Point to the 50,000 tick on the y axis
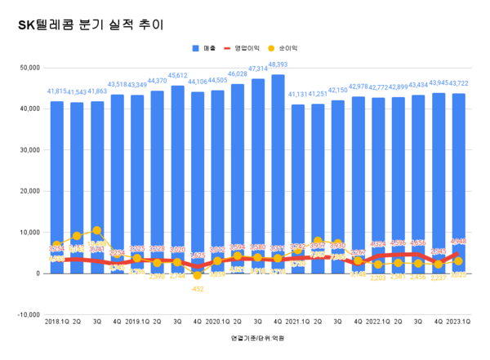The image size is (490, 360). click(x=28, y=67)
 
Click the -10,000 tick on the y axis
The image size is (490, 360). click(x=26, y=314)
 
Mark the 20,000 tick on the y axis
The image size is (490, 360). click(x=28, y=191)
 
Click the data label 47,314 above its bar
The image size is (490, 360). click(x=258, y=69)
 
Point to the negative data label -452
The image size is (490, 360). click(x=197, y=288)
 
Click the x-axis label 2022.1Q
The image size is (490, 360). click(x=377, y=322)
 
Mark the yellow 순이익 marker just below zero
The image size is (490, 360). click(x=198, y=275)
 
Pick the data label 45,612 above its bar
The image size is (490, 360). click(x=177, y=76)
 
